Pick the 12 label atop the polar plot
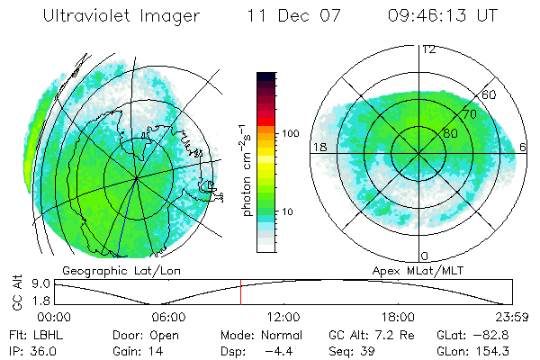[428, 49]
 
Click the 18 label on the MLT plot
[318, 147]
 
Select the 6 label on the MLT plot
[524, 147]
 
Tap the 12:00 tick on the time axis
[283, 317]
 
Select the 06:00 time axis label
[168, 317]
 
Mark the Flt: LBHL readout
[36, 334]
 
